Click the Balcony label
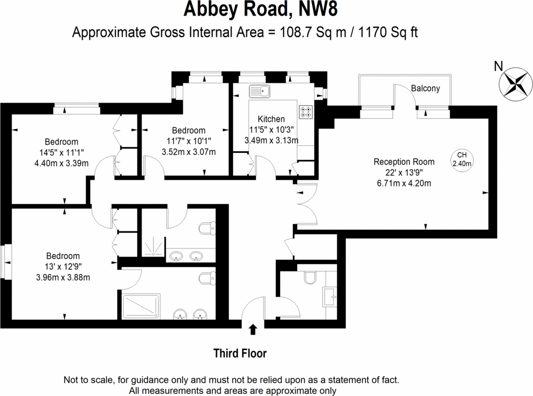426,88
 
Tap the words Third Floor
240,353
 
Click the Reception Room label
404,161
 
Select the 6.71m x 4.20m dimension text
404,183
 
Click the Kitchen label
271,119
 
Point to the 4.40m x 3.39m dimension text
61,163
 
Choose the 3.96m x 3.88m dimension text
63,277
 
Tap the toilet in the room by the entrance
310,277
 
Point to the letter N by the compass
498,66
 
